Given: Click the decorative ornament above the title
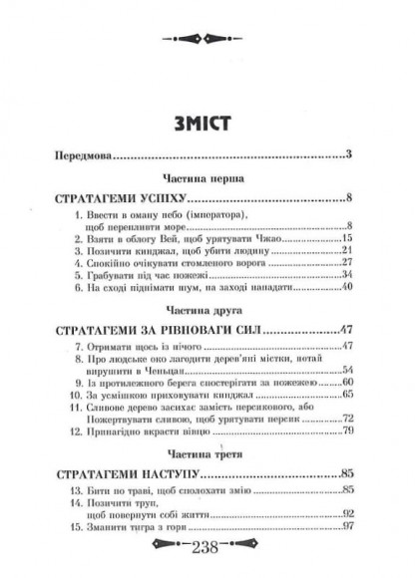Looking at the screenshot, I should [207, 37].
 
